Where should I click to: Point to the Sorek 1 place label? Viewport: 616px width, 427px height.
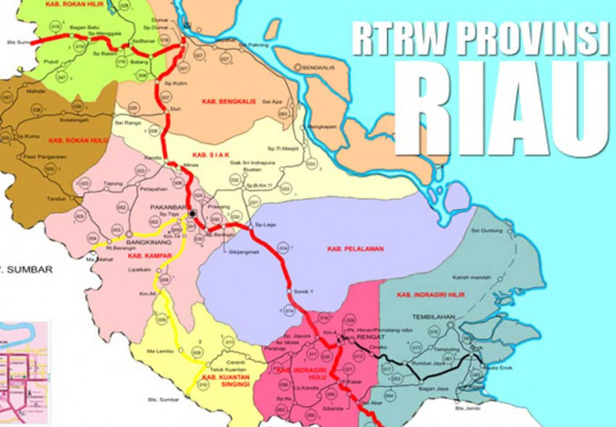(303, 290)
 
